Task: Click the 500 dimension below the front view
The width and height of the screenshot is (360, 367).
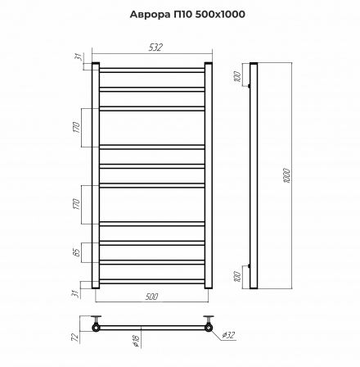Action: tap(151, 296)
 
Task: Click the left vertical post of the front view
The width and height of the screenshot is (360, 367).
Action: tap(96, 175)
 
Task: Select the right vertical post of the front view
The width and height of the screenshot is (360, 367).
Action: tap(209, 175)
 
